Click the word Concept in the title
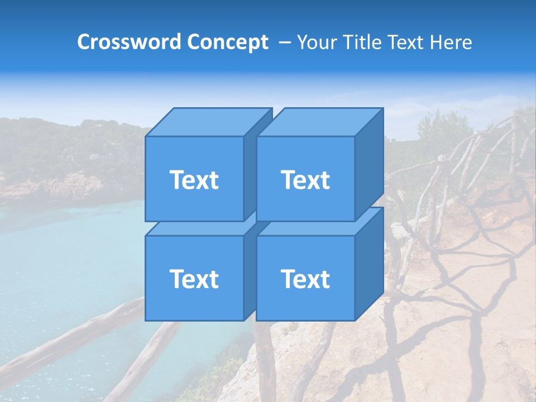pyautogui.click(x=227, y=42)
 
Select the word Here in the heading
pyautogui.click(x=450, y=42)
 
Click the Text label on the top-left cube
pyautogui.click(x=194, y=180)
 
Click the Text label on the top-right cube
pyautogui.click(x=305, y=180)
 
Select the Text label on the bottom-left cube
pyautogui.click(x=194, y=279)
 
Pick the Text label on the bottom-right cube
pyautogui.click(x=305, y=279)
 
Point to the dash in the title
pyautogui.click(x=284, y=42)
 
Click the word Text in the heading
pyautogui.click(x=408, y=42)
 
